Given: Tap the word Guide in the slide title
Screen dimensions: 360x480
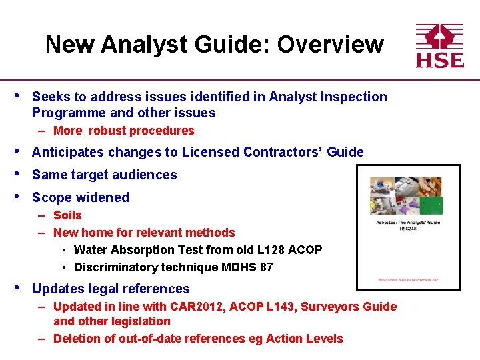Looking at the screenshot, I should tap(234, 45).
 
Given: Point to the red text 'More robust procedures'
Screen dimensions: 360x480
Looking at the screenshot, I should tap(123, 131).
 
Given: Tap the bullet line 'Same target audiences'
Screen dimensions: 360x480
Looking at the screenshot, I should tap(104, 175).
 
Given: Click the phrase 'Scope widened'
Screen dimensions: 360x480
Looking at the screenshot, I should tap(80, 197).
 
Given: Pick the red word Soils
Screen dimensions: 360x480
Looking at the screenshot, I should tap(67, 215).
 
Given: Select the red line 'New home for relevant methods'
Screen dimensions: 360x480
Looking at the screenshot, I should tap(144, 233).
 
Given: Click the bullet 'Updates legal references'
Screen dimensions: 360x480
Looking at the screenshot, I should tap(111, 289).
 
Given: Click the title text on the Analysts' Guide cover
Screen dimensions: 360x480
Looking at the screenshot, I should tap(408, 223).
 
